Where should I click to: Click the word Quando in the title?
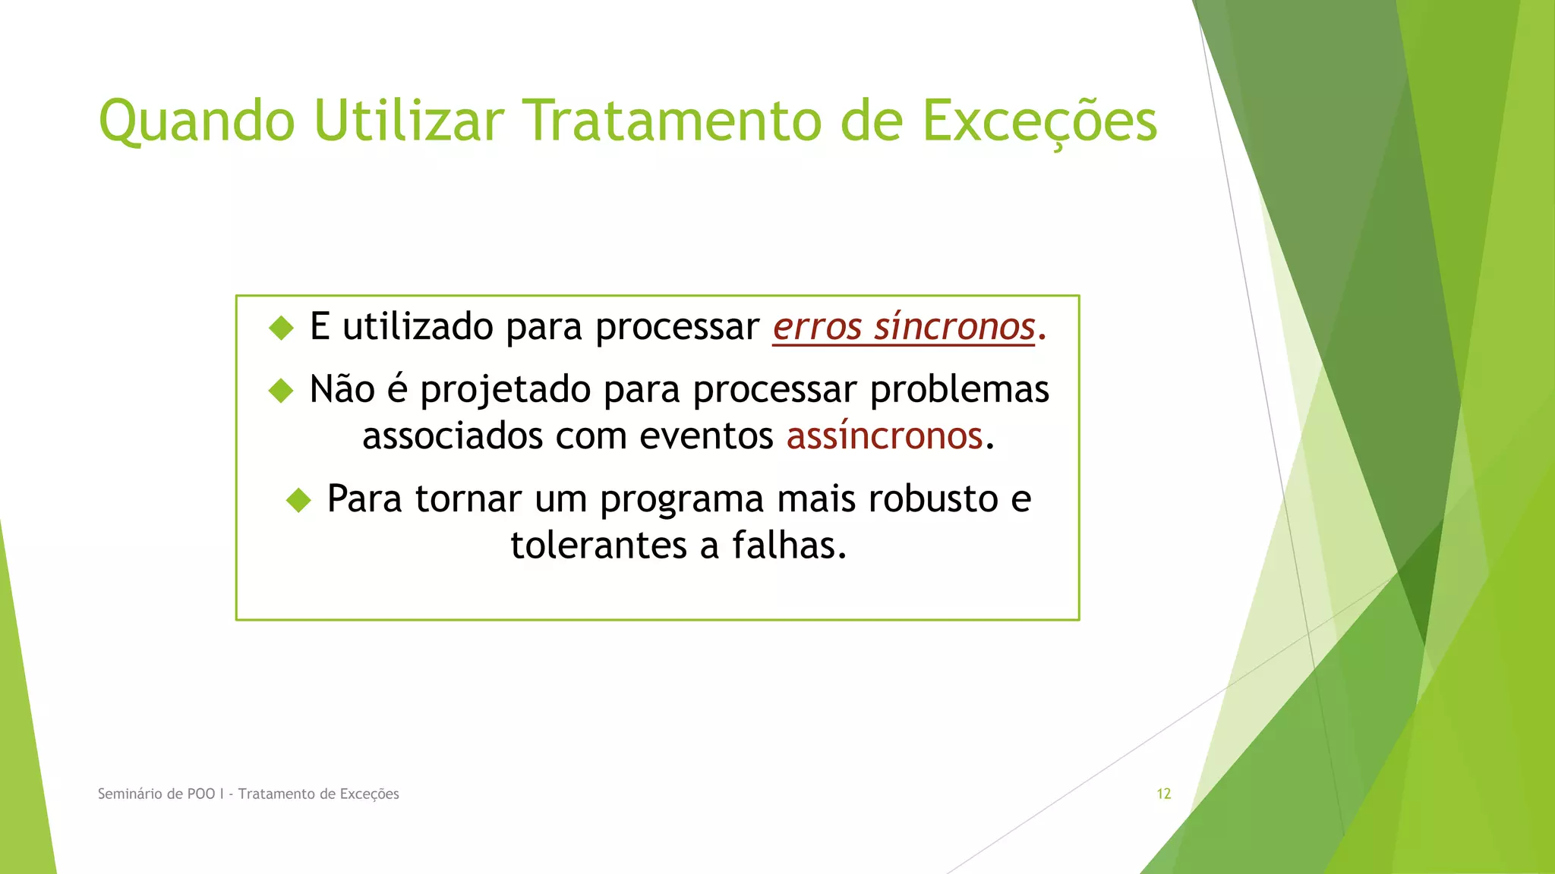coord(197,121)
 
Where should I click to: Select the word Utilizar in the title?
coord(408,121)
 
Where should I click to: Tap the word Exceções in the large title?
coord(1039,121)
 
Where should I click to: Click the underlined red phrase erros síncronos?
coord(904,328)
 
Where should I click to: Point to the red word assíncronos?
coord(885,437)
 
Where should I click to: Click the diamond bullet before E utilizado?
coord(281,329)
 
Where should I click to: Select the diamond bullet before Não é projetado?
coord(281,391)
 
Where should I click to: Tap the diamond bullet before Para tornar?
coord(298,500)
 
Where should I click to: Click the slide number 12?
coord(1163,794)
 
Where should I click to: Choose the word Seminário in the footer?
coord(130,794)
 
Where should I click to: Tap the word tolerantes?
coord(604,545)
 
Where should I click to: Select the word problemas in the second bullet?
coord(960,390)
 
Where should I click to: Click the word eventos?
coord(706,437)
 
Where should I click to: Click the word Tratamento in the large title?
coord(673,121)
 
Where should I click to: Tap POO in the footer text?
coord(200,794)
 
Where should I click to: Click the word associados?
coord(452,437)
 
